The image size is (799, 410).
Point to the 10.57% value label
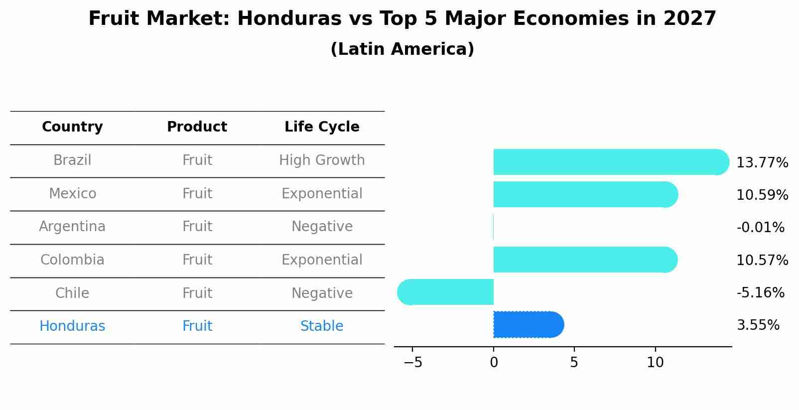(x=762, y=260)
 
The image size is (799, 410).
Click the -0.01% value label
(x=760, y=227)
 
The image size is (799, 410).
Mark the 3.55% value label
(x=758, y=325)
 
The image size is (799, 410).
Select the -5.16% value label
(x=760, y=292)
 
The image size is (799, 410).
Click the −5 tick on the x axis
(x=413, y=363)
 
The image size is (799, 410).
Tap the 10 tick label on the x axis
(x=655, y=363)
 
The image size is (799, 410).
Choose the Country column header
(x=72, y=127)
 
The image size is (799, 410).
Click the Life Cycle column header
(x=322, y=127)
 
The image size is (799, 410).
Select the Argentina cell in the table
(x=72, y=227)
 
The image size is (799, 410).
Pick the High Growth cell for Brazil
(x=322, y=160)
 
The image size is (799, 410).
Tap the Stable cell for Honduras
(x=322, y=326)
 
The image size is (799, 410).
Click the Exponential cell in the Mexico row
(x=322, y=193)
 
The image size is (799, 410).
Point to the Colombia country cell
(x=72, y=260)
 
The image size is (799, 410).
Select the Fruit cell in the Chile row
(x=197, y=293)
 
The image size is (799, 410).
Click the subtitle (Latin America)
(x=402, y=49)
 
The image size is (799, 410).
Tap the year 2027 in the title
(x=689, y=19)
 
